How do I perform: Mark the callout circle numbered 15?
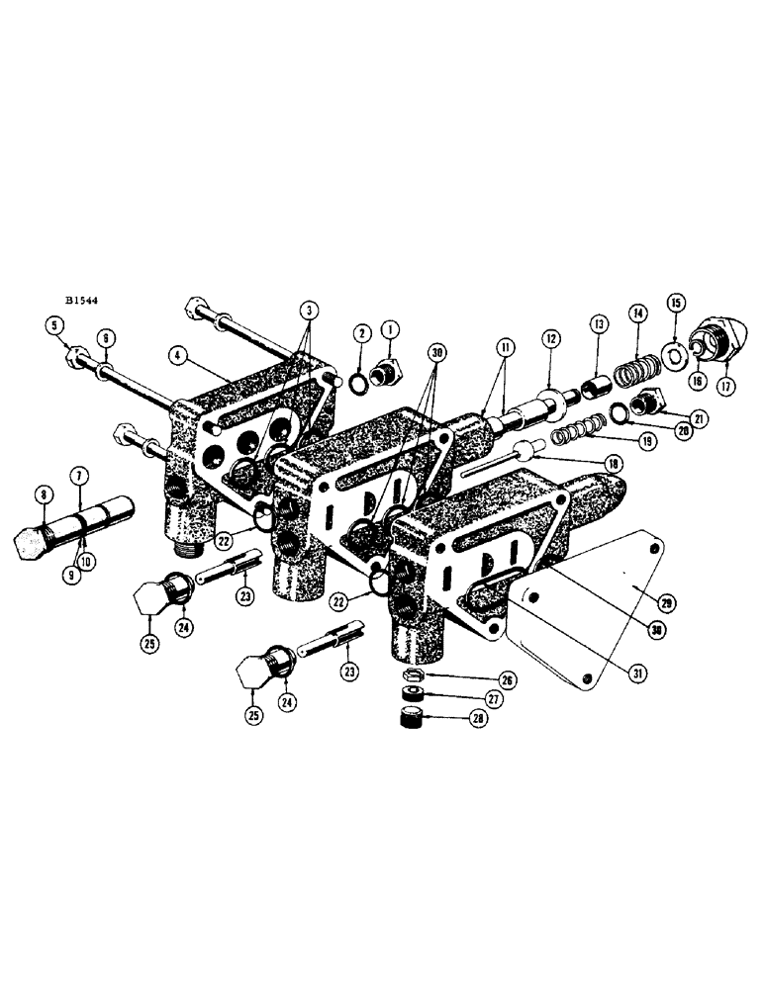click(x=675, y=302)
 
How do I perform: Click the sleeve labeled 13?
click(x=596, y=381)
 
